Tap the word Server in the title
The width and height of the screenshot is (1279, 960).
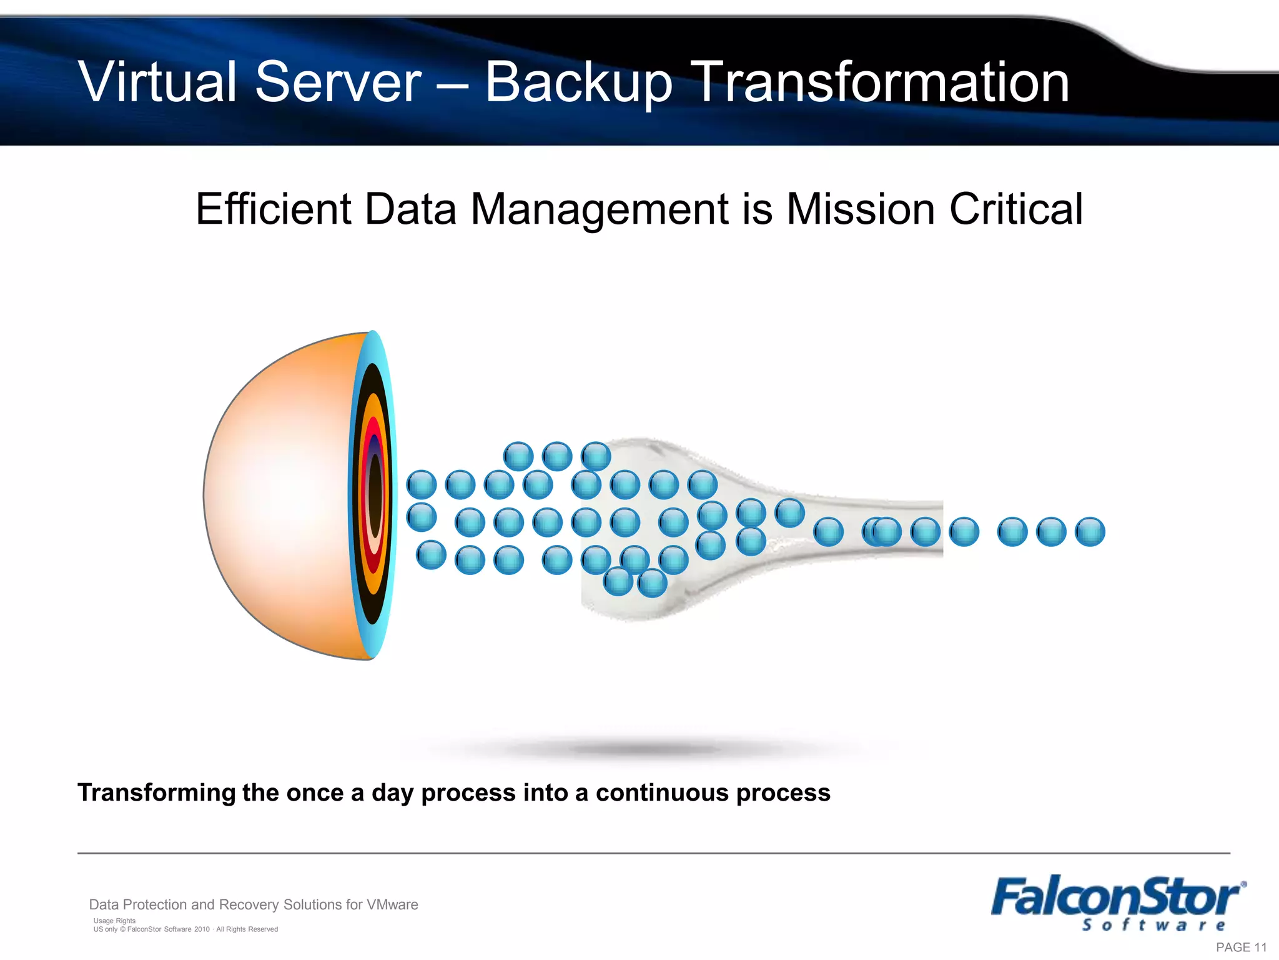tap(338, 82)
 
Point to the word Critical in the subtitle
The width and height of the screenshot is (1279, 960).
tap(1015, 209)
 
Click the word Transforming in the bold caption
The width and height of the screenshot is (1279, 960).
tap(156, 793)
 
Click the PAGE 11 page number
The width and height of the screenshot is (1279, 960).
tap(1241, 947)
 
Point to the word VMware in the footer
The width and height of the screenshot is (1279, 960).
tap(392, 904)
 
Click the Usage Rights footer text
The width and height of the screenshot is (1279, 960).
tap(114, 921)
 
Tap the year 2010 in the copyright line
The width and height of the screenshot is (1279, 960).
tap(202, 929)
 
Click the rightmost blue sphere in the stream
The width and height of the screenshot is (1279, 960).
tap(1090, 532)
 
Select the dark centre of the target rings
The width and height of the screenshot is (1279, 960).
tap(375, 494)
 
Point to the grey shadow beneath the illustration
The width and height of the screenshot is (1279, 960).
tap(643, 748)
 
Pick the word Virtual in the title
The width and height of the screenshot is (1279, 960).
tap(157, 82)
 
